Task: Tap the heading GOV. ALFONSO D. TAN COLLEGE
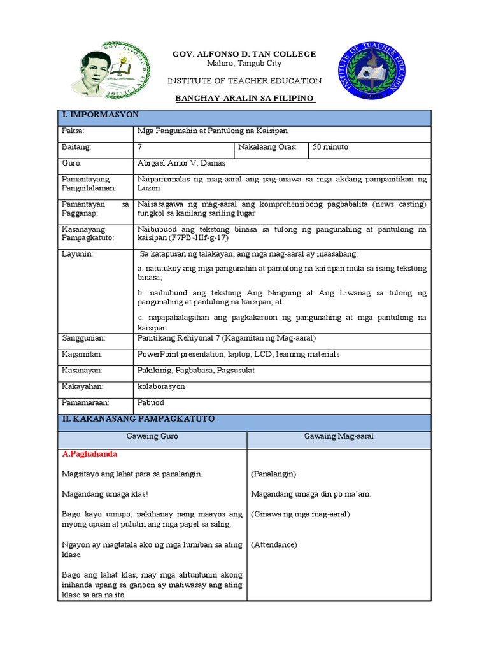(x=244, y=54)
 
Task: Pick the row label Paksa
(x=73, y=131)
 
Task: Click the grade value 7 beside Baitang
(x=139, y=147)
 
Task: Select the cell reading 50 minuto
(x=330, y=147)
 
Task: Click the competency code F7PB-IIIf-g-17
(x=200, y=237)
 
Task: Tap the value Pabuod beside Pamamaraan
(x=150, y=402)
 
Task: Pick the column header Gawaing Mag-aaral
(x=338, y=436)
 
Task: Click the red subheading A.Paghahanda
(x=90, y=455)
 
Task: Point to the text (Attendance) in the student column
(x=274, y=544)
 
